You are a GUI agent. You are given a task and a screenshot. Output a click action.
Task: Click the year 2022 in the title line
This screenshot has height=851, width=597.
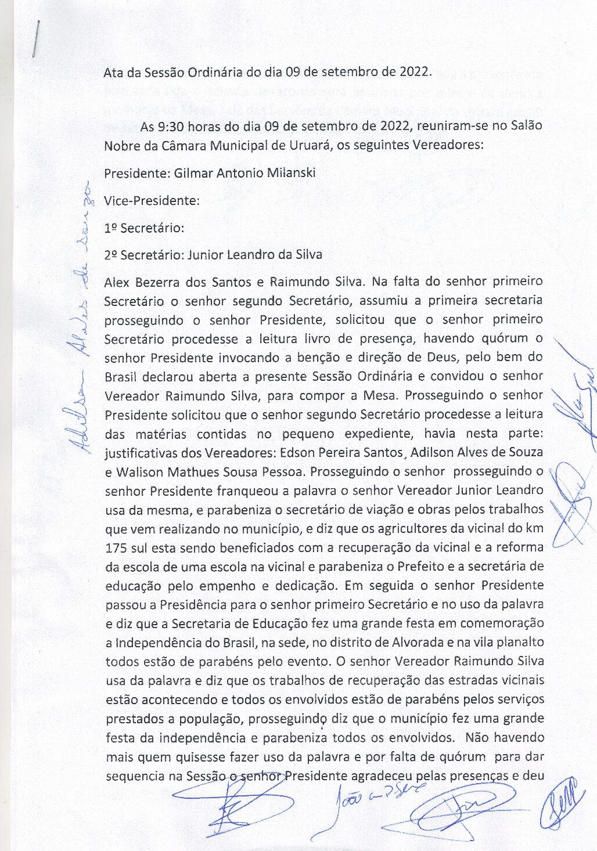click(x=414, y=73)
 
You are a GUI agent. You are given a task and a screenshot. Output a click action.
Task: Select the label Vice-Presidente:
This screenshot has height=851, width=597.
click(x=152, y=201)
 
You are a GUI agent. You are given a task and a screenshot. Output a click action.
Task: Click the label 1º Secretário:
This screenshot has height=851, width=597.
click(x=144, y=228)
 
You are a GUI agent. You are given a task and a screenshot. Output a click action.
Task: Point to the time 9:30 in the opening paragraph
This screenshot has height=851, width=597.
click(x=168, y=126)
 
